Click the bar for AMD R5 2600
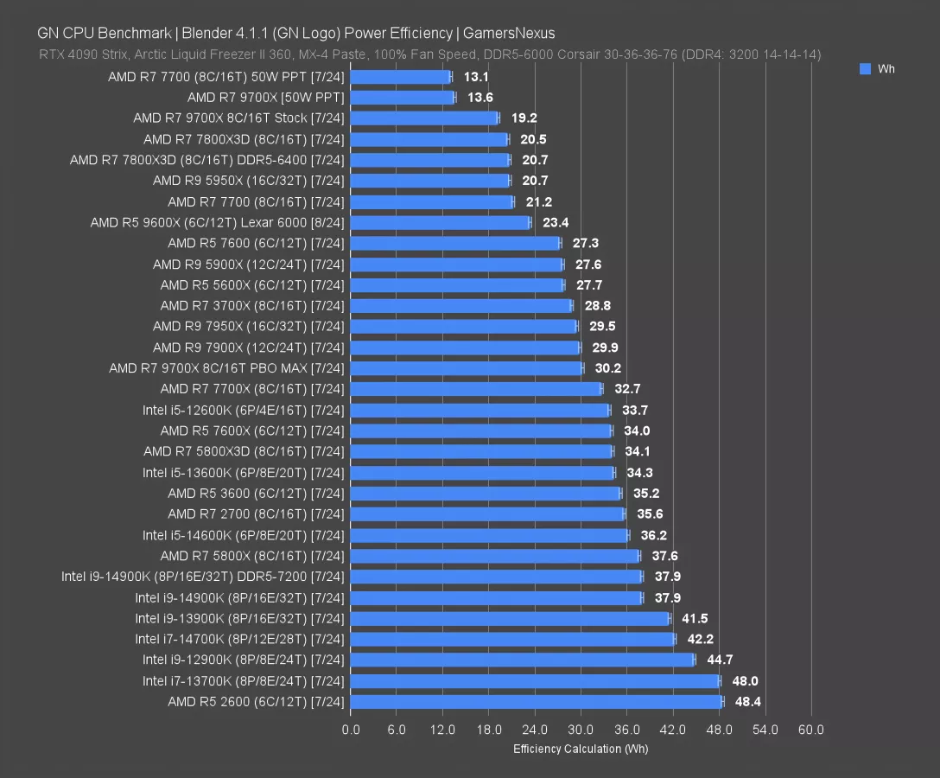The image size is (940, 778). (536, 702)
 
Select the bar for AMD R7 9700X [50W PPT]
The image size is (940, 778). (402, 98)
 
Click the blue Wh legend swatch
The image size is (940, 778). (865, 69)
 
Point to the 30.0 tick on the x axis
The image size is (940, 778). (581, 730)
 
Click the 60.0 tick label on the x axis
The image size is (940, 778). (810, 730)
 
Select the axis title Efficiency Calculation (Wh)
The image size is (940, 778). (580, 749)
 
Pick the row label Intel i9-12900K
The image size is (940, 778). (243, 660)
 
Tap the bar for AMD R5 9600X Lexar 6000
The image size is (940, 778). (441, 223)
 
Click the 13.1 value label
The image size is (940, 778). (476, 77)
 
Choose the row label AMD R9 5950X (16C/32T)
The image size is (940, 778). (248, 181)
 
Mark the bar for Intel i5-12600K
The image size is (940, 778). (480, 411)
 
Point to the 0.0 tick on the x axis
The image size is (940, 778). (351, 730)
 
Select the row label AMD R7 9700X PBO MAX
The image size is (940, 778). (226, 368)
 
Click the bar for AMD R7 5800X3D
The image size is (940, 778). (481, 452)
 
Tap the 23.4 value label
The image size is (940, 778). (556, 223)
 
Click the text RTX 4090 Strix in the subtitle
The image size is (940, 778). (79, 54)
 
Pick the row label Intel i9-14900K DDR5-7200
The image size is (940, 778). (202, 577)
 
